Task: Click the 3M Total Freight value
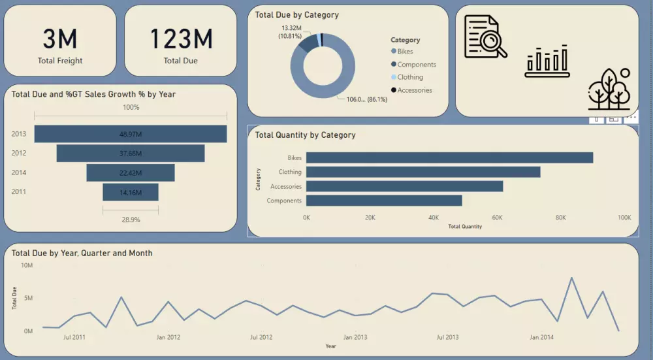point(60,40)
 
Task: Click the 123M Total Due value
point(181,40)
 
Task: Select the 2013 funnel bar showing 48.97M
point(131,134)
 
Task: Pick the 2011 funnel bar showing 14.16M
point(131,192)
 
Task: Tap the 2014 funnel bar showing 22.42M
point(131,172)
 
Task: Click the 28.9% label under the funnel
point(131,220)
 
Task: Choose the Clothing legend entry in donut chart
point(409,77)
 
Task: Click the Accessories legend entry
point(414,90)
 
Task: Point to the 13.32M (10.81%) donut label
point(291,32)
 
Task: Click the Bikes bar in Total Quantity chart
point(449,157)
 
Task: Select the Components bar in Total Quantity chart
point(384,201)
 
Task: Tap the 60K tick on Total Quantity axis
point(498,218)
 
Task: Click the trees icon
point(609,90)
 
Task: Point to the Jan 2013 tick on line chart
point(355,338)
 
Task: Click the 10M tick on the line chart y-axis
point(27,265)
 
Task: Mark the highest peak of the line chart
point(572,278)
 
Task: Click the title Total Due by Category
point(296,14)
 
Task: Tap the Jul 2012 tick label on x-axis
point(261,338)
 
